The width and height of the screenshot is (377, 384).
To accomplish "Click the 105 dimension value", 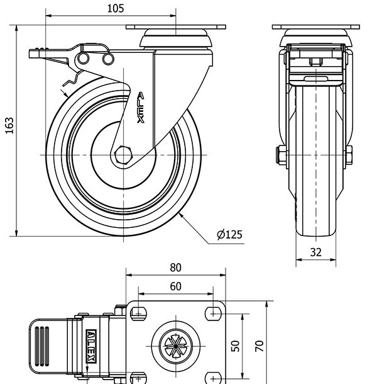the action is (116, 9).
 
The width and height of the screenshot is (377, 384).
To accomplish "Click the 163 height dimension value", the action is (9, 126).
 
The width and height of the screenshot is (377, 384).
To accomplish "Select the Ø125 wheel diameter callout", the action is (229, 234).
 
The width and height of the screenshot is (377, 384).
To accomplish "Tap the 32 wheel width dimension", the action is (315, 252).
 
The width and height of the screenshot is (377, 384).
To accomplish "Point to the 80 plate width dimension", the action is (175, 268).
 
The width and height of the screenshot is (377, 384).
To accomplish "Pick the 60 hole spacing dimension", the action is (175, 286).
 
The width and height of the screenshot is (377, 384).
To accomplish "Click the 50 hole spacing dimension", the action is (235, 346).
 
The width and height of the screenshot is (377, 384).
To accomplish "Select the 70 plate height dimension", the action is (260, 346).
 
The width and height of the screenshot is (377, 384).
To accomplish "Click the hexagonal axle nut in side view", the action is (123, 155).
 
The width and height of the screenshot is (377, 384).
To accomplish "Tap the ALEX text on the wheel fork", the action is (141, 108).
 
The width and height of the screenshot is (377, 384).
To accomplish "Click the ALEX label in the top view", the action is (92, 346).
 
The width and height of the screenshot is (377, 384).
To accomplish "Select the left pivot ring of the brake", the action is (84, 59).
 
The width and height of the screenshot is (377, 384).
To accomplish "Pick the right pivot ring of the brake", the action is (108, 59).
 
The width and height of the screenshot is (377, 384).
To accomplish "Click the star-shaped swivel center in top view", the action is (176, 346).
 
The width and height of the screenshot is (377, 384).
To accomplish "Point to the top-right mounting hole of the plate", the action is (213, 313).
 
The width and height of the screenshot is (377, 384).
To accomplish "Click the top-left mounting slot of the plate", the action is (138, 313).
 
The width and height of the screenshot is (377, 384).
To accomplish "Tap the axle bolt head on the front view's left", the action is (281, 155).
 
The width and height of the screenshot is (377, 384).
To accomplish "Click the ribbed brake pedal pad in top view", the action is (42, 346).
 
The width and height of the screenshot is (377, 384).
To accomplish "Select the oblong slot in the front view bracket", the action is (316, 79).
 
